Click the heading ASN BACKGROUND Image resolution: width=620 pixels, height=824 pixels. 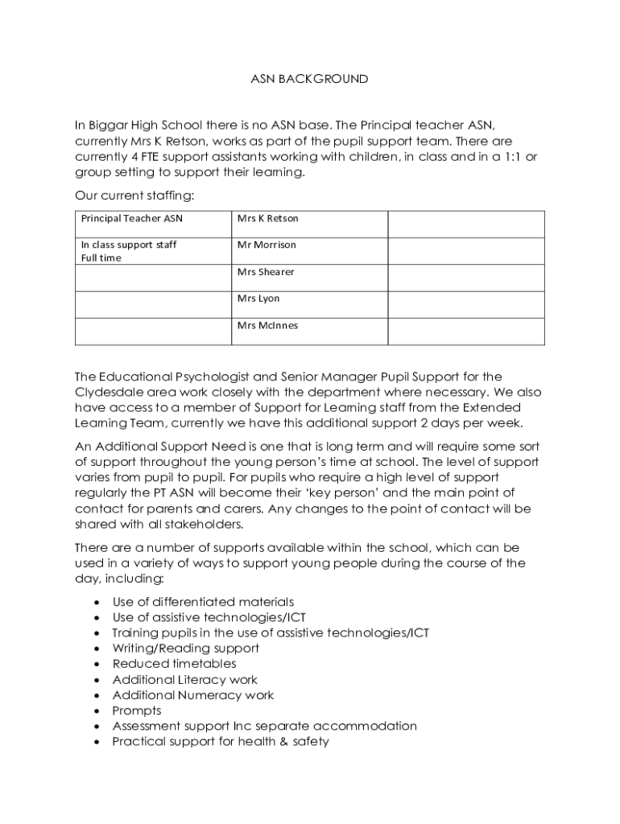(309, 79)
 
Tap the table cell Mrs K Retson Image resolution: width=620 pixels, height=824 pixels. (267, 218)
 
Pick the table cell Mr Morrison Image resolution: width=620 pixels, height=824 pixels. (267, 245)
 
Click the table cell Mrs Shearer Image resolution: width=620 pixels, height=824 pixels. (266, 272)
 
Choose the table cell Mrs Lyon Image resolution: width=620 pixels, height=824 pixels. (258, 299)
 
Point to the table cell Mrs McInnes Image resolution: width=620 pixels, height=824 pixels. (267, 325)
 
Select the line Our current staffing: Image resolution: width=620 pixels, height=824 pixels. (134, 196)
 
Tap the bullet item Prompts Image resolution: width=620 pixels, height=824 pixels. (137, 711)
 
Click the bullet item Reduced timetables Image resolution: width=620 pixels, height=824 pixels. (174, 664)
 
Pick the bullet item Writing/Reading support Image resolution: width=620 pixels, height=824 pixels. (185, 648)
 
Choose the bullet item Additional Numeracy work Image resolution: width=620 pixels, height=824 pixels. (193, 695)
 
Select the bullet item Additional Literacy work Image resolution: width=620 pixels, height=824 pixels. (185, 679)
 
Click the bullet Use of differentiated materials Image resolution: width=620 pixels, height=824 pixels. (203, 602)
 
